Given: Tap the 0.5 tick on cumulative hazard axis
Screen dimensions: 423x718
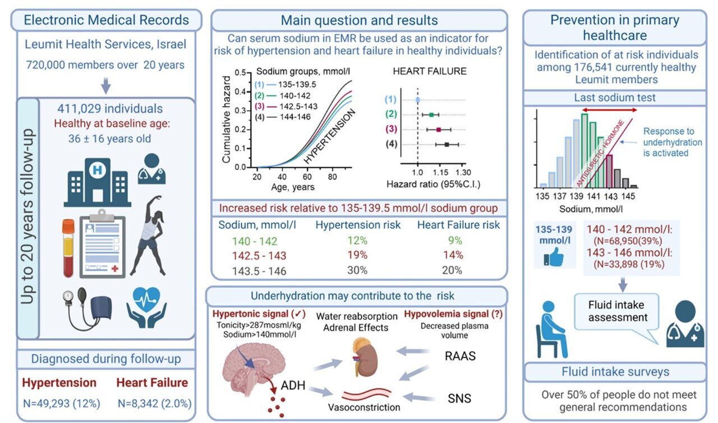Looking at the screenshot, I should coord(241,72).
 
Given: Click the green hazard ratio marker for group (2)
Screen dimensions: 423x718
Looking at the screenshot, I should coord(431,115).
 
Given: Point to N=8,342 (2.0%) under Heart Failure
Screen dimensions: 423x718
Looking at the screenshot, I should coord(154,403).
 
